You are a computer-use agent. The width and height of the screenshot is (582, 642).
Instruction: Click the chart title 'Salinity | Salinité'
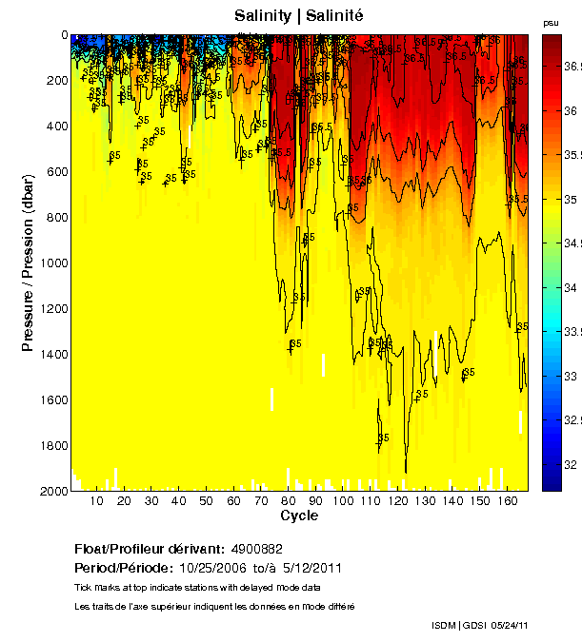[x=298, y=15]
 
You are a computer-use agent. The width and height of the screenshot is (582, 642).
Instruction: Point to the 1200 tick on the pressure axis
[x=71, y=308]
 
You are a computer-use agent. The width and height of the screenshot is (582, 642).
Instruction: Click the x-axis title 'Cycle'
[x=299, y=516]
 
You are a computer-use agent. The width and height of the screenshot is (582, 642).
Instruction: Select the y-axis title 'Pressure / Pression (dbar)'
[x=28, y=263]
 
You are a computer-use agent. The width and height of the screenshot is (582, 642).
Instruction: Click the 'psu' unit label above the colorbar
[x=551, y=22]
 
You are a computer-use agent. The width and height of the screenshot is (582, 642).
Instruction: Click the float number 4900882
[x=257, y=549]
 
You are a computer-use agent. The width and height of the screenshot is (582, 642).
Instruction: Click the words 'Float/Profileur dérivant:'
[x=149, y=549]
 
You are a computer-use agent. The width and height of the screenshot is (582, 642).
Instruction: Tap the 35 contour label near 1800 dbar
[x=383, y=438]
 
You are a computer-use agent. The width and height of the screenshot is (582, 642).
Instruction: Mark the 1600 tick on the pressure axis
[x=71, y=399]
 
